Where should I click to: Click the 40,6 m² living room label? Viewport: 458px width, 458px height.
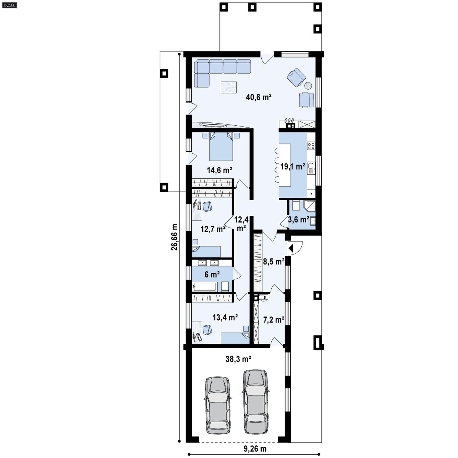coord(258,97)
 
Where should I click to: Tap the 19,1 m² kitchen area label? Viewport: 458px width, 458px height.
coord(293,167)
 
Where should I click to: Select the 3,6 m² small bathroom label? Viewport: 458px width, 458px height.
coord(298,220)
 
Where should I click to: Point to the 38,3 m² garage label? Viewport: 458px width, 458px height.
coord(238,359)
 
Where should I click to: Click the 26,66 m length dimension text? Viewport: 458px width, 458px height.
coord(174,237)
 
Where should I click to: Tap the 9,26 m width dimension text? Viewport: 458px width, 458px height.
coord(255,449)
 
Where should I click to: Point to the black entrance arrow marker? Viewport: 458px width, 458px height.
coord(291,248)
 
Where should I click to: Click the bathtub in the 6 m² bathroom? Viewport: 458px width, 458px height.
coord(204,287)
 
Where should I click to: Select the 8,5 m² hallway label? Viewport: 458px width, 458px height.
coord(273,261)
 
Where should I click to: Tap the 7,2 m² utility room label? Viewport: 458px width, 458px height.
coord(273,320)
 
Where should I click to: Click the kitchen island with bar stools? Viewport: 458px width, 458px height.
coord(285,165)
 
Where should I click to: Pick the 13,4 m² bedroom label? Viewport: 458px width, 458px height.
coord(225,317)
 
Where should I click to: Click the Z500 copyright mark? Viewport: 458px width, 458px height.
coord(9,5)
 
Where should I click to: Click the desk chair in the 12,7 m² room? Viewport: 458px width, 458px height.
coord(207,206)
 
